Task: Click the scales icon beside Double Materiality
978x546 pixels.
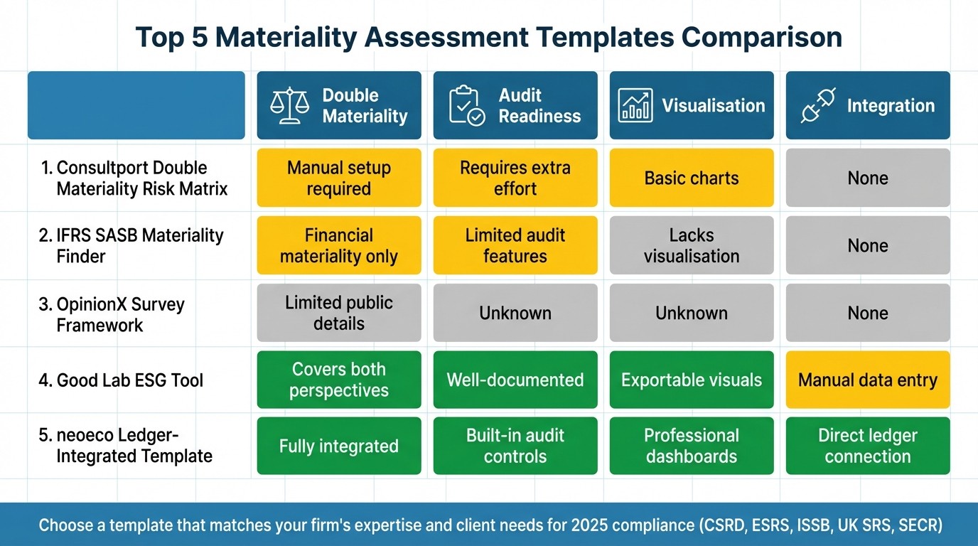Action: [290, 106]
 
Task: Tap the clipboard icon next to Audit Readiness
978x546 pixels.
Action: [466, 106]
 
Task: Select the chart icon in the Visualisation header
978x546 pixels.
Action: [635, 106]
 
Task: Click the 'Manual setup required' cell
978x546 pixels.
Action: [339, 178]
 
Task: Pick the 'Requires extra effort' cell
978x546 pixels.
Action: [515, 178]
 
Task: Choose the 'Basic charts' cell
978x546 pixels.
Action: [692, 178]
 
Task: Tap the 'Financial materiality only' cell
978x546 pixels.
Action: [339, 245]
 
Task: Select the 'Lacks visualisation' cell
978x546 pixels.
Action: [692, 245]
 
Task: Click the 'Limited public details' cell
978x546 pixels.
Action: [339, 313]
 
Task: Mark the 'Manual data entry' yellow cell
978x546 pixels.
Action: [868, 380]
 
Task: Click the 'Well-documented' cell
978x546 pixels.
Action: [515, 380]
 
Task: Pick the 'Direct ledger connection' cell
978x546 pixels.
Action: [868, 446]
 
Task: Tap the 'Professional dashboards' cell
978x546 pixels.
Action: [692, 446]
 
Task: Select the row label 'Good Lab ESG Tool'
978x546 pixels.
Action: [121, 380]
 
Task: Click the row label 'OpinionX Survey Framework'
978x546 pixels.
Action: [111, 314]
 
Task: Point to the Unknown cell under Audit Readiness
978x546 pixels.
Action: [515, 313]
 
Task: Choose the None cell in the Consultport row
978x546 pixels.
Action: [868, 178]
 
